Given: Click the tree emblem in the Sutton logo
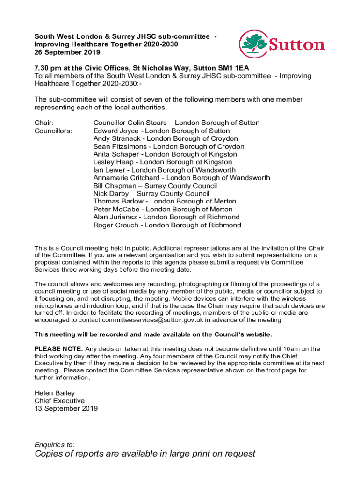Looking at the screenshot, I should click(253, 44).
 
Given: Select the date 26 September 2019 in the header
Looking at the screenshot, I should click(64, 52).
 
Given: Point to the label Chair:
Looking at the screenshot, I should click(43, 123).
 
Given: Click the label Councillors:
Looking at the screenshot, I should click(53, 131).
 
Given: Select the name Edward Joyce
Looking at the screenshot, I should click(116, 131).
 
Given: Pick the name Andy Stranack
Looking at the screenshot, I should click(117, 139).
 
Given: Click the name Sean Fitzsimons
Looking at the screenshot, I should click(120, 147).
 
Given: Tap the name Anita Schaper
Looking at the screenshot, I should click(116, 154).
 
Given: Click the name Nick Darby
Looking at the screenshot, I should click(110, 194).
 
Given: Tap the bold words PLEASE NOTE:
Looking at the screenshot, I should click(59, 349).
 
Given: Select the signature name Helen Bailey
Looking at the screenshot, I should click(55, 393).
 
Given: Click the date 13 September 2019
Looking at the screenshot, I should click(66, 409).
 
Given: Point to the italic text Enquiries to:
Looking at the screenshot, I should click(55, 445).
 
